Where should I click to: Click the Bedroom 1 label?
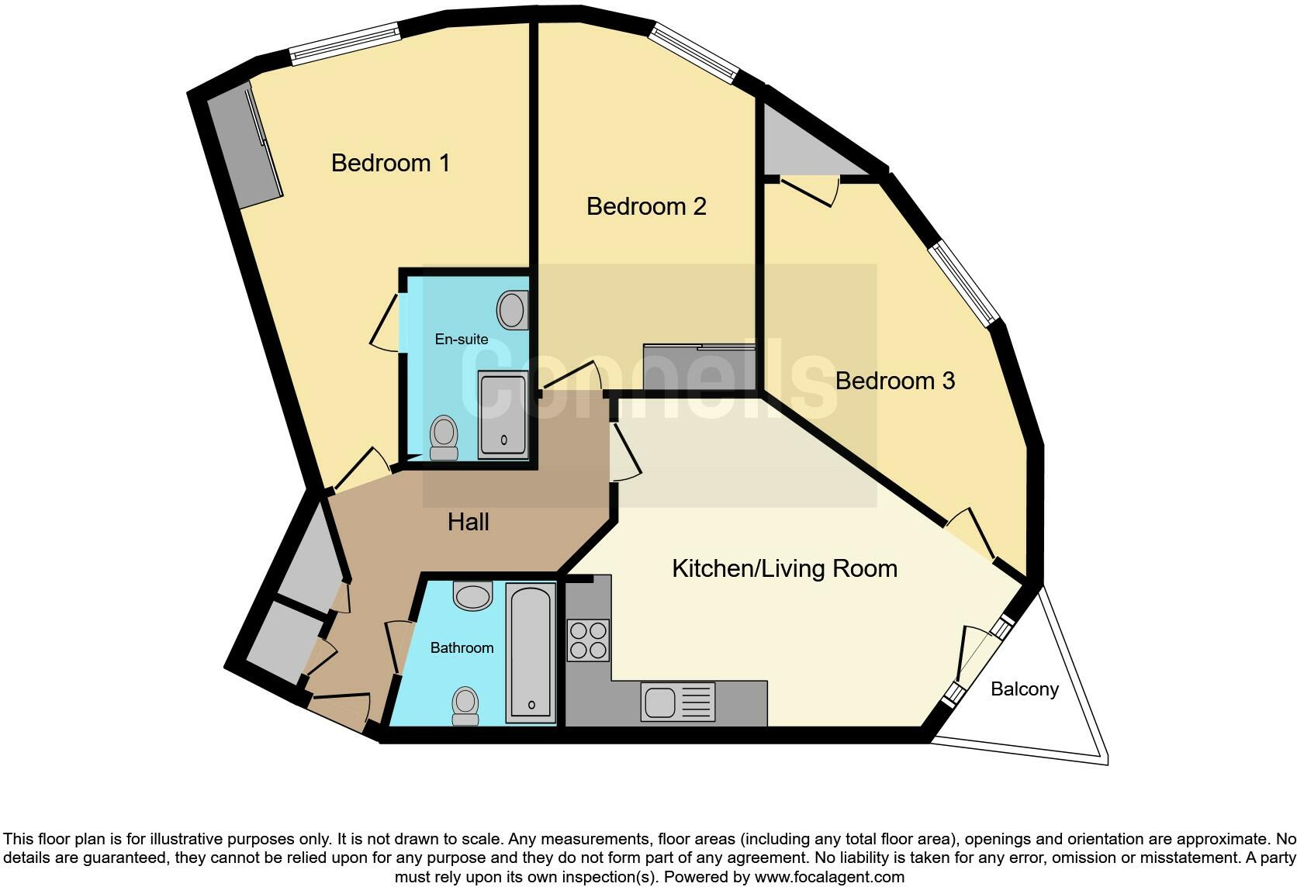click(x=390, y=163)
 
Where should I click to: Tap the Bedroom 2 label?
click(x=646, y=206)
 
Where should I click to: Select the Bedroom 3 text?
click(x=894, y=381)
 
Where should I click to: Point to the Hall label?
click(x=468, y=522)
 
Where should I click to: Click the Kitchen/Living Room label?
click(x=784, y=568)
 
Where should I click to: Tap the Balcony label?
click(x=1024, y=689)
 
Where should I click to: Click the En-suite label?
click(x=461, y=339)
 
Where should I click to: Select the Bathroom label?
click(x=462, y=647)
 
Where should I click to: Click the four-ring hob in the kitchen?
click(x=588, y=640)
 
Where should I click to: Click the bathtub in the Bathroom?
click(x=531, y=652)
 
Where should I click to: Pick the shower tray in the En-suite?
click(x=503, y=413)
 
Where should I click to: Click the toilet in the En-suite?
click(x=444, y=438)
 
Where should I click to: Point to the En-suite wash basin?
click(x=511, y=310)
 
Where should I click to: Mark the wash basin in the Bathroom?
click(x=473, y=595)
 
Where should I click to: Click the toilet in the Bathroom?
click(x=465, y=704)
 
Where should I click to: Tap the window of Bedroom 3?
click(x=965, y=283)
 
